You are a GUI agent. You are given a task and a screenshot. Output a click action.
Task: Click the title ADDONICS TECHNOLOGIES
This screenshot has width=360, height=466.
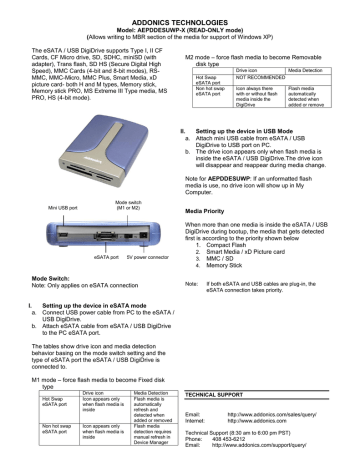coord(179,10)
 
